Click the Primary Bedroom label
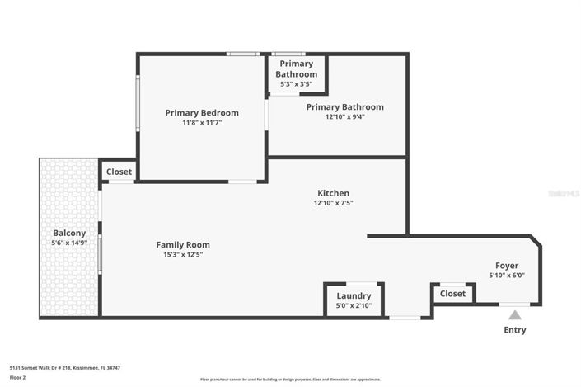tap(202, 113)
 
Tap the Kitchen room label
tap(333, 193)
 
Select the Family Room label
tap(183, 244)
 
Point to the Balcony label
tap(69, 234)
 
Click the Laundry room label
tap(354, 295)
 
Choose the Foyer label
tap(506, 266)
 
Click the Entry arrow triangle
tap(514, 314)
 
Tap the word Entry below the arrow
tap(514, 330)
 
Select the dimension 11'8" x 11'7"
tap(202, 123)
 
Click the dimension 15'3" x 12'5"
tap(183, 254)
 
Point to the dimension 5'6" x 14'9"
tap(69, 243)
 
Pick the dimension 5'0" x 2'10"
tap(354, 305)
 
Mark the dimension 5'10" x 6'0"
tap(506, 276)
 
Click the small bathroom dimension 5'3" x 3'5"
tap(297, 84)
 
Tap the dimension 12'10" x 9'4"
tap(344, 117)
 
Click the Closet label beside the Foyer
tap(452, 294)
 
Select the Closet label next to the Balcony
tap(119, 172)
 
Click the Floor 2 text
tap(18, 377)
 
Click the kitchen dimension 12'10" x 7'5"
tap(333, 203)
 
